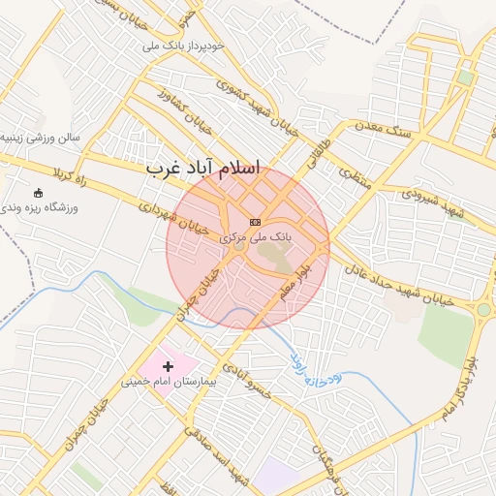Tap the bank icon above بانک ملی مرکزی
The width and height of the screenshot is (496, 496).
pos(255,222)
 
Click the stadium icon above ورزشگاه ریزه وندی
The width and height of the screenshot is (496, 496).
pos(38,193)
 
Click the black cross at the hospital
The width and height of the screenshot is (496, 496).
pos(169,366)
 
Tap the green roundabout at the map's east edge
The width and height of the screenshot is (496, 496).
pos(482,310)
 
